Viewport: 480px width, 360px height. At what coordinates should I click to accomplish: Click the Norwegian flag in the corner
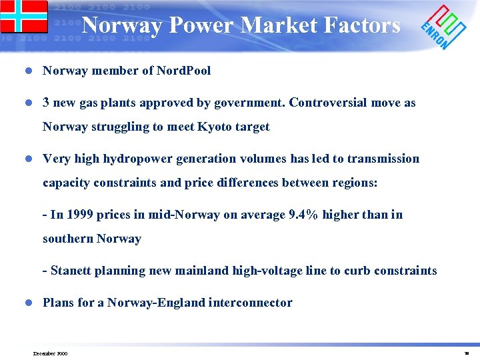pyautogui.click(x=24, y=16)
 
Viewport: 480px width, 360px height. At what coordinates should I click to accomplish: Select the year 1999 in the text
pyautogui.click(x=80, y=215)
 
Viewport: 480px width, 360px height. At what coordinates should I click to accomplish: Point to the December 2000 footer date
pyautogui.click(x=50, y=353)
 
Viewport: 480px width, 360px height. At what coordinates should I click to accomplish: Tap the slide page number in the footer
pyautogui.click(x=466, y=353)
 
